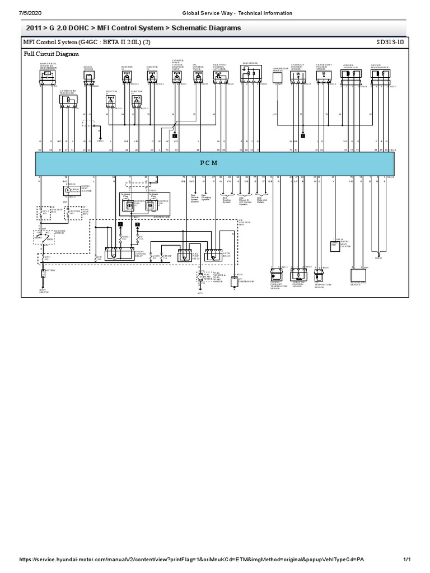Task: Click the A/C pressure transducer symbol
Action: (68, 101)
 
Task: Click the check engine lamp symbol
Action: (68, 190)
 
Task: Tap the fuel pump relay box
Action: (184, 255)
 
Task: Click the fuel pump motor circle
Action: (200, 276)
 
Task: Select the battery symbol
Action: (43, 273)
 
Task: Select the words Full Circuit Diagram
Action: (51, 54)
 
